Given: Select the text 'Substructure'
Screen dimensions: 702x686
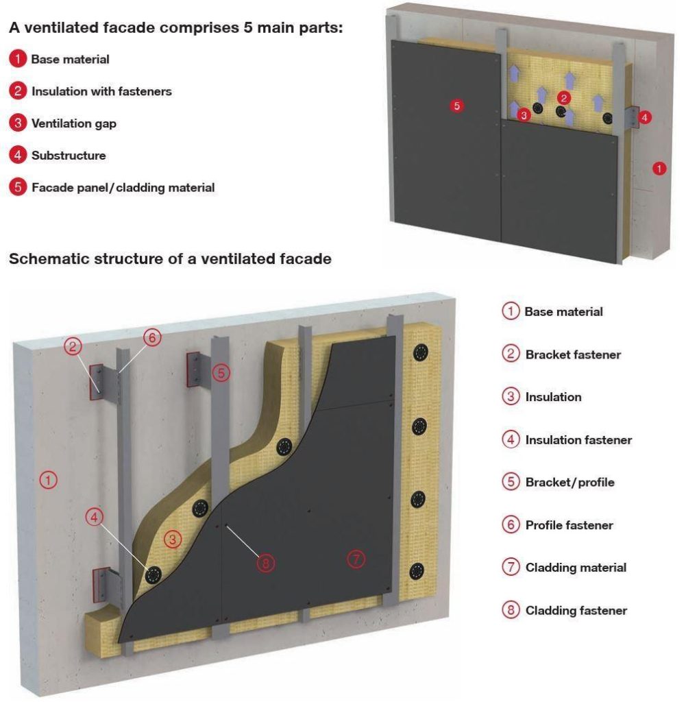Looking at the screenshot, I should [x=69, y=156].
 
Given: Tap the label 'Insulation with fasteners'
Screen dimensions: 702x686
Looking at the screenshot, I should [x=101, y=91].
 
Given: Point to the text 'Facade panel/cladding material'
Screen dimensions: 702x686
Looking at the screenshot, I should [x=123, y=187].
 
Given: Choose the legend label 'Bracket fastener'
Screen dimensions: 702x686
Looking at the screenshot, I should [x=573, y=354].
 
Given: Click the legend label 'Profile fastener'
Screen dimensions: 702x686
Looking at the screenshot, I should [x=569, y=525].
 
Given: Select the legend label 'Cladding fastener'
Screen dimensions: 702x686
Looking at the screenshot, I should [x=576, y=610].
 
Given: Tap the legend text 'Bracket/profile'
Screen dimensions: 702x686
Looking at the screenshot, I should [x=569, y=482].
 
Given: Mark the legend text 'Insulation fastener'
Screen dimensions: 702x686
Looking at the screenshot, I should [x=578, y=440].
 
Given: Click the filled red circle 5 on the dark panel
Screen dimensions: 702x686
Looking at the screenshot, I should [x=457, y=106].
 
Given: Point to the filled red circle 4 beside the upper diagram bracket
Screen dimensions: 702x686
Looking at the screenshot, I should [x=644, y=117].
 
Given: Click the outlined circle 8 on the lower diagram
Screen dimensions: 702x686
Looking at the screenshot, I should [x=265, y=563].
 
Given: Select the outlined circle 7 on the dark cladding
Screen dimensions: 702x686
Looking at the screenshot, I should [x=356, y=559].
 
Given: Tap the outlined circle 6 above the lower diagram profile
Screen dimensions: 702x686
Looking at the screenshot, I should [x=152, y=337].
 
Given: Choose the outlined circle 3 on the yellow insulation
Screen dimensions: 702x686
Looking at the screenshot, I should [x=173, y=540].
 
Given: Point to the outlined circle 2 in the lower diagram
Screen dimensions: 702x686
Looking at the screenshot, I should [x=73, y=346].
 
